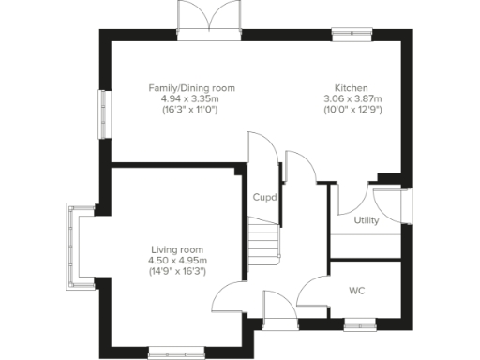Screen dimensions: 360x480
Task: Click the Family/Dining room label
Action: tap(191, 88)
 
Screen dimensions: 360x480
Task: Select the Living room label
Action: tap(176, 249)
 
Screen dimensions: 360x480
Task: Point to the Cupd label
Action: tap(263, 197)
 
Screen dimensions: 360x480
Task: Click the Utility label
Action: tap(367, 221)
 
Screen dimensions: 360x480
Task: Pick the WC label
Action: tap(356, 291)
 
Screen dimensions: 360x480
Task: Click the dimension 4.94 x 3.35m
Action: tap(191, 98)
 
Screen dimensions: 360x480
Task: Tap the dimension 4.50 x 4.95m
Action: tap(176, 260)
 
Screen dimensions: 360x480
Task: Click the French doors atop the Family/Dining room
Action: tap(203, 21)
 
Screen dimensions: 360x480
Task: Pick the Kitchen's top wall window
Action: tap(344, 34)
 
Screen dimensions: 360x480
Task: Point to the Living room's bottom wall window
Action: tap(175, 352)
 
